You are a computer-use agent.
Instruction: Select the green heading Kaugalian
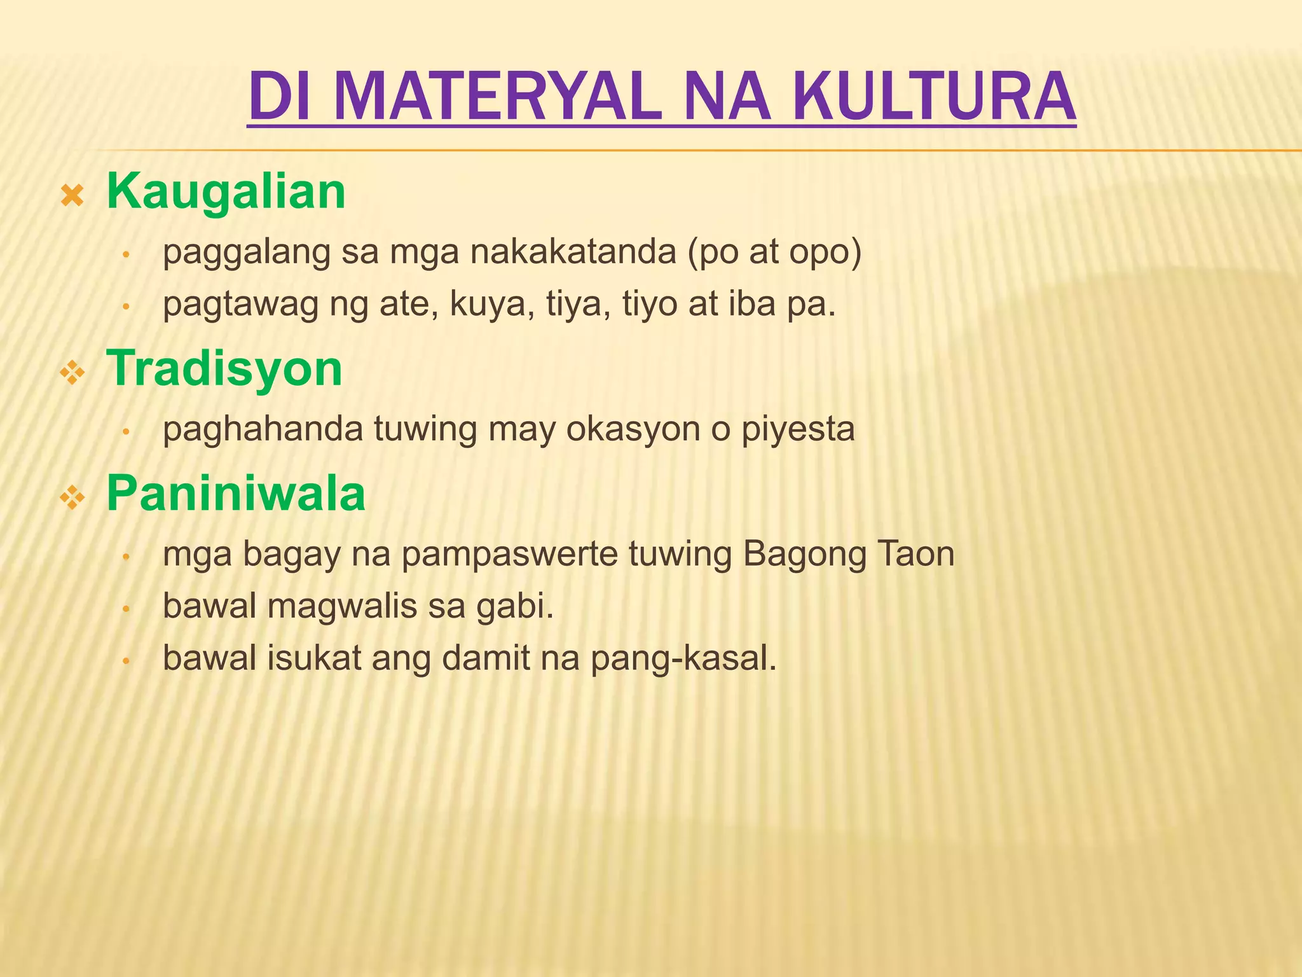pos(226,191)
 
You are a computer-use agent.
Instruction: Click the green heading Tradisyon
pos(224,369)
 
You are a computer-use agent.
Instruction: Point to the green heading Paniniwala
pos(236,494)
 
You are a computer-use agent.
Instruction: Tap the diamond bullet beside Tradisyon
pos(72,373)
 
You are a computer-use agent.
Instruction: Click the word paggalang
pos(247,253)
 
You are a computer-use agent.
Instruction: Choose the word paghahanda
pos(263,429)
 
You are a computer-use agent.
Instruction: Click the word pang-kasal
pos(684,660)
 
